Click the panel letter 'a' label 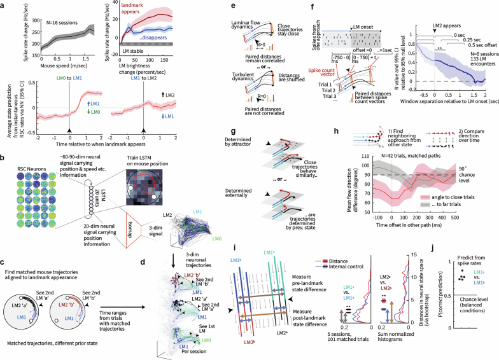(3, 5)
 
